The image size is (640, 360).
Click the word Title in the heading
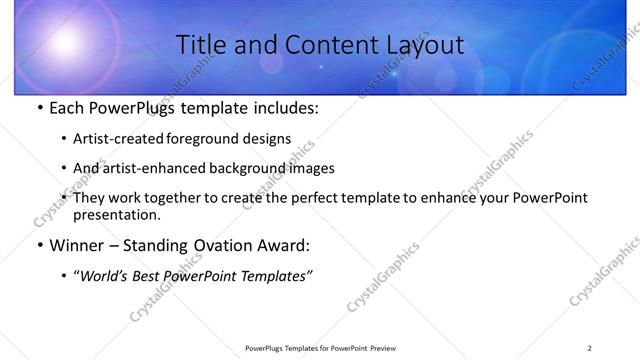click(x=199, y=45)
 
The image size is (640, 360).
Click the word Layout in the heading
click(x=424, y=45)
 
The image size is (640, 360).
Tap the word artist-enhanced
click(x=160, y=168)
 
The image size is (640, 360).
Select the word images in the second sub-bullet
click(x=311, y=168)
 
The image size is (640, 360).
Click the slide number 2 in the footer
click(x=589, y=348)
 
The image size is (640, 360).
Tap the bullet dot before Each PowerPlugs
click(x=39, y=110)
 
